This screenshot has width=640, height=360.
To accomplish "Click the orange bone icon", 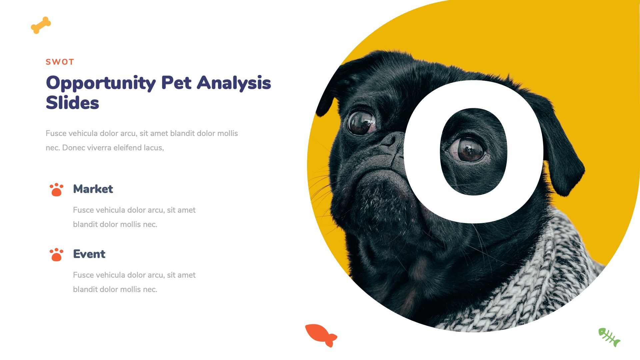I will pos(41,25).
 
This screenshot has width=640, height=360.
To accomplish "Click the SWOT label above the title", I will pos(60,62).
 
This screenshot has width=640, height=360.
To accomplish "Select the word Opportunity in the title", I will pos(101,83).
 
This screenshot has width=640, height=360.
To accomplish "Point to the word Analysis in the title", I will pos(234,83).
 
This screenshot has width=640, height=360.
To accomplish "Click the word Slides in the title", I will pos(72,103).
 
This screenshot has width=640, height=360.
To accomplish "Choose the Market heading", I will pos(93,189).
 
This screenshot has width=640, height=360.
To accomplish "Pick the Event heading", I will pos(89,254).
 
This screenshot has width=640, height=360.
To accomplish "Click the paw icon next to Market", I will pos(56,190).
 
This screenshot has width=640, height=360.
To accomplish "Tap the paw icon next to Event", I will pos(56,255).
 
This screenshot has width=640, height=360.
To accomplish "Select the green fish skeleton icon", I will pos(609,337).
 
